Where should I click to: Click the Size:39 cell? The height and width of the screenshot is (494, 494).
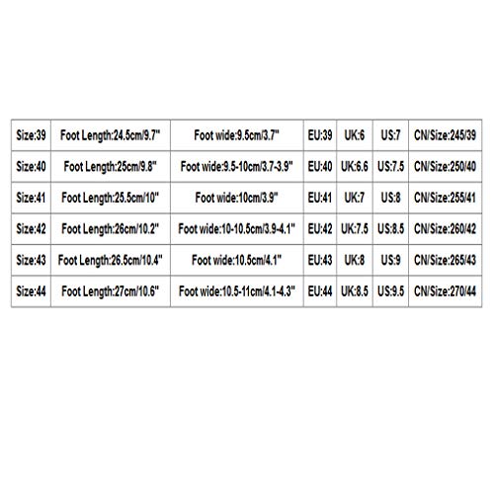coord(31,135)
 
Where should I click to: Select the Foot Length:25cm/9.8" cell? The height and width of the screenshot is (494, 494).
coord(111,167)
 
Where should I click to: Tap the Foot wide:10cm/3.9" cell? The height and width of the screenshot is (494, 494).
coord(237,198)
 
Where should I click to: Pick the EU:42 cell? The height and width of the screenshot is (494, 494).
coord(320,229)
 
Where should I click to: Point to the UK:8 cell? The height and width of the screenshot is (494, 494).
coord(355,260)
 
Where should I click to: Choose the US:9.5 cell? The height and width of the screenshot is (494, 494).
coord(390,291)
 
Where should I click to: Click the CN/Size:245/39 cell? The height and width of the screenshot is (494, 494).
coord(445,135)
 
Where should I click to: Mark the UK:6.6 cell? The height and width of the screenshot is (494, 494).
coord(355,167)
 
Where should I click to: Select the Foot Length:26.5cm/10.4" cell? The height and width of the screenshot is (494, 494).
coord(111,260)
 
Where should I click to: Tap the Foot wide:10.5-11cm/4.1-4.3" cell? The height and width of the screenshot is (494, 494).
coord(237,291)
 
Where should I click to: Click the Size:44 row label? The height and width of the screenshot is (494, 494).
coord(31,291)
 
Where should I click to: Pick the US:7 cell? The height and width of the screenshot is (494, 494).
coord(390,135)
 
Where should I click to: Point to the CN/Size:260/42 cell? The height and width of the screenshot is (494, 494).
coord(445,229)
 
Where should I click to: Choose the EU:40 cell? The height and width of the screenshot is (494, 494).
coord(320,167)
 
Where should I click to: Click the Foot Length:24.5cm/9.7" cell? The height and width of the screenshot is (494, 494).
coord(111,135)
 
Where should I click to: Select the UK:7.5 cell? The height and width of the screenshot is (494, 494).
coord(355,229)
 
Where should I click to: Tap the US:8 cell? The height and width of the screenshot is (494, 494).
coord(390,198)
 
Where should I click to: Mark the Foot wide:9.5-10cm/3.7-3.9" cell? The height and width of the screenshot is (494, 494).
coord(237,167)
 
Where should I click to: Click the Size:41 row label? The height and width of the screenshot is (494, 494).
coord(31,198)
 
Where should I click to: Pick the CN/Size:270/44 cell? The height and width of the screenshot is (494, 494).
coord(445,291)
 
